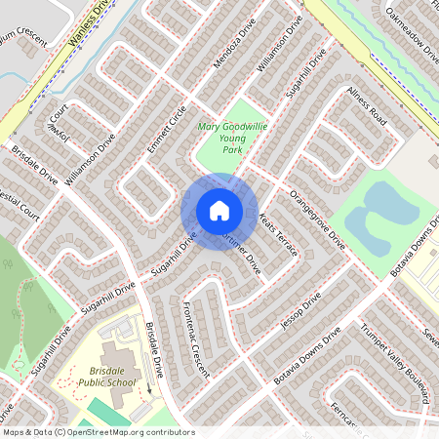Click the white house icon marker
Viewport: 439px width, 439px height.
pyautogui.click(x=219, y=210)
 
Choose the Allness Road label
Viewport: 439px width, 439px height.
pyautogui.click(x=368, y=106)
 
